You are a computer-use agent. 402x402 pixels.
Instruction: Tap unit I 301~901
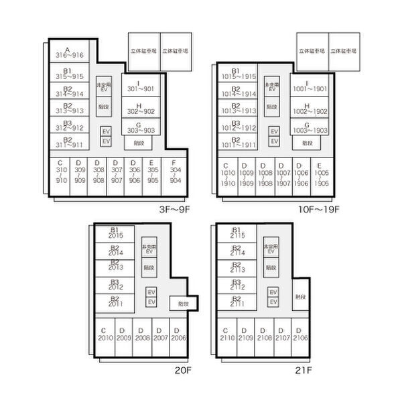click(x=140, y=86)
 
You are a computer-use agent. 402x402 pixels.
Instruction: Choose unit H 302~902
click(x=139, y=109)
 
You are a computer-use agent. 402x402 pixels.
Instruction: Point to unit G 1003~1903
click(x=309, y=127)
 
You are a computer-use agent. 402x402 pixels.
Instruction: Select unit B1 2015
click(x=115, y=233)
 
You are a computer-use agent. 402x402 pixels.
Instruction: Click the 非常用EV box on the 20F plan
click(x=149, y=249)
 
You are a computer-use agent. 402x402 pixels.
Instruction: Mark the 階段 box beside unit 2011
click(x=182, y=304)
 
